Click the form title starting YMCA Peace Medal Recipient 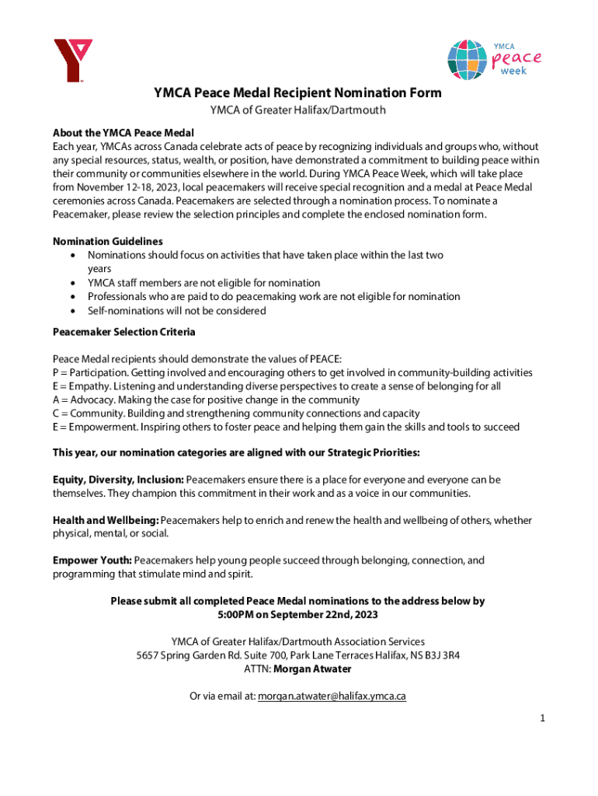pyautogui.click(x=297, y=93)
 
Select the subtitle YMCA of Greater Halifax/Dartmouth pyautogui.click(x=297, y=110)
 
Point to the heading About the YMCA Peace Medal pyautogui.click(x=123, y=132)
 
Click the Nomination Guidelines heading pyautogui.click(x=108, y=241)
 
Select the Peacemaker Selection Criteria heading pyautogui.click(x=123, y=332)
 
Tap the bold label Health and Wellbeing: pyautogui.click(x=106, y=519)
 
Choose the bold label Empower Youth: pyautogui.click(x=92, y=560)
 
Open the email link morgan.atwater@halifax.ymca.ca pyautogui.click(x=332, y=696)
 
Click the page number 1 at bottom pyautogui.click(x=544, y=719)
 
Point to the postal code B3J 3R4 pyautogui.click(x=439, y=655)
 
